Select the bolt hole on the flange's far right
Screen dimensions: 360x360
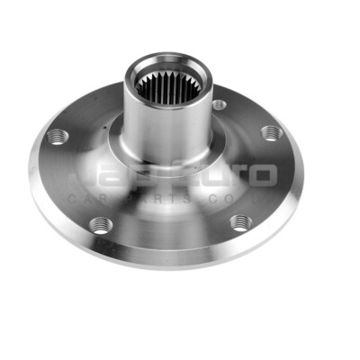[270, 133]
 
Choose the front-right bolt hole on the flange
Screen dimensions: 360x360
[239, 222]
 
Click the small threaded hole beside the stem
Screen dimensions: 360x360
[219, 104]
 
